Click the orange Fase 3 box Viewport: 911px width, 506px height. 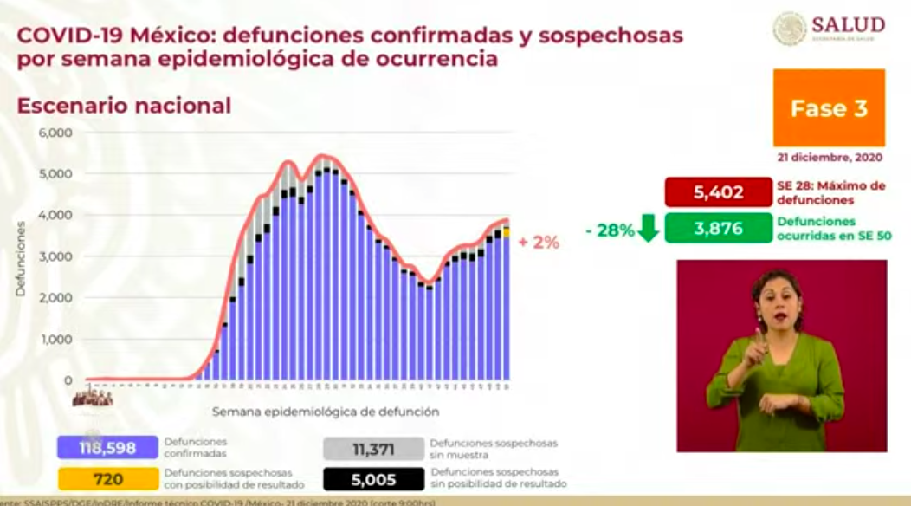829,108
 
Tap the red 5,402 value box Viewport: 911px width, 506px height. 718,191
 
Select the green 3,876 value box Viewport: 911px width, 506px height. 718,228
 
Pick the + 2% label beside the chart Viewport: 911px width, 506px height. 539,243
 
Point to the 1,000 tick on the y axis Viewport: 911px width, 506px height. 55,340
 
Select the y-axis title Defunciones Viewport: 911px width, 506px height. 20,259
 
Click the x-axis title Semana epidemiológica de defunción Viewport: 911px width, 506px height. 325,412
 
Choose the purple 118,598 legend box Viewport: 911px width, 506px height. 107,447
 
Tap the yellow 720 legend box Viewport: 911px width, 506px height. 107,478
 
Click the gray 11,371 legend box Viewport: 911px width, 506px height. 373,447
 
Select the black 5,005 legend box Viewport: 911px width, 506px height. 373,478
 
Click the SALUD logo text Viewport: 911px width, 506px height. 848,25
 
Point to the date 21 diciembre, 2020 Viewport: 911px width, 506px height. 830,158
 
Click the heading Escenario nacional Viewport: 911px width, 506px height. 124,106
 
